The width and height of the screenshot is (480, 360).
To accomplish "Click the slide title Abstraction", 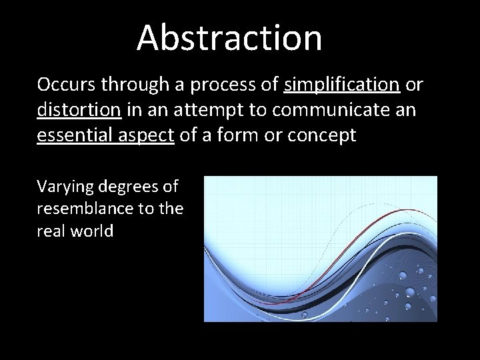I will [x=229, y=37].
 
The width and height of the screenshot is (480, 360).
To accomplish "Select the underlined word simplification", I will [x=341, y=85].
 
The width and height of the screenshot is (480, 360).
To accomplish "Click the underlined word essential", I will [x=71, y=134].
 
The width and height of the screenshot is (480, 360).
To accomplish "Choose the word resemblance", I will [x=85, y=209].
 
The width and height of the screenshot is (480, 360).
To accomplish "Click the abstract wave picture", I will [x=320, y=249].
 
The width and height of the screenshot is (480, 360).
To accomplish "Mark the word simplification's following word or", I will [x=413, y=85].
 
